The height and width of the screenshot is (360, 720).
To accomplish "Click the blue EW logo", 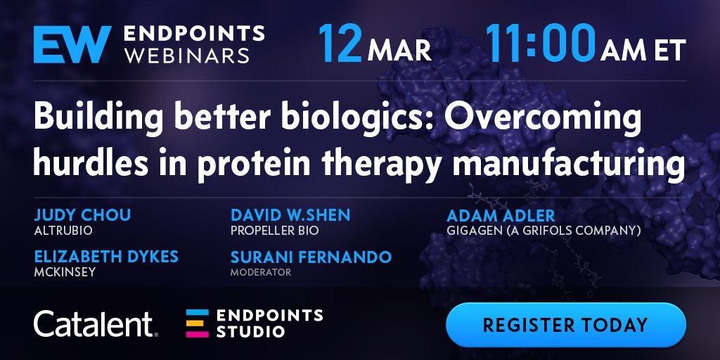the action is pyautogui.click(x=72, y=44).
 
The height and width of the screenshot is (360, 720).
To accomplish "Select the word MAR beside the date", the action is pyautogui.click(x=399, y=51).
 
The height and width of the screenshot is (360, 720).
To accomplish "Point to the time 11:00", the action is pyautogui.click(x=541, y=44).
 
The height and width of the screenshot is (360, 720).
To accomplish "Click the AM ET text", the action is pyautogui.click(x=643, y=51).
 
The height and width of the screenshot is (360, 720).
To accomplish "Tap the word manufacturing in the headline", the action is pyautogui.click(x=568, y=163).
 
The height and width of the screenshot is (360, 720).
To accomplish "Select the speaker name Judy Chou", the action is pyautogui.click(x=82, y=215).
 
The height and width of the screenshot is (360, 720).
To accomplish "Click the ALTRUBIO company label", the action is pyautogui.click(x=63, y=230).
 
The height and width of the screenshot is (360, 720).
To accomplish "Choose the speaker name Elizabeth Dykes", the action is pyautogui.click(x=106, y=257).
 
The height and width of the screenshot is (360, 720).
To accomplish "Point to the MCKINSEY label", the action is pyautogui.click(x=65, y=272).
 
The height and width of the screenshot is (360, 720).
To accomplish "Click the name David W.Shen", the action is pyautogui.click(x=290, y=215).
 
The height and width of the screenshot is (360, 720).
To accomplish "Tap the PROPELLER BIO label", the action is pyautogui.click(x=275, y=230).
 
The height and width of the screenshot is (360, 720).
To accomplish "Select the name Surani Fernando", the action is pyautogui.click(x=311, y=257).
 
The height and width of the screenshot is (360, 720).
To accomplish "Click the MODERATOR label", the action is pyautogui.click(x=261, y=272).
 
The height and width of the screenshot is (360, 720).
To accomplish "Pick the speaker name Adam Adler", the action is pyautogui.click(x=501, y=215).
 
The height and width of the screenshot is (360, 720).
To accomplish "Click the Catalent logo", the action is pyautogui.click(x=96, y=323).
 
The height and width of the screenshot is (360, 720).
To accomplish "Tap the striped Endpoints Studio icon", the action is pyautogui.click(x=198, y=323).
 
